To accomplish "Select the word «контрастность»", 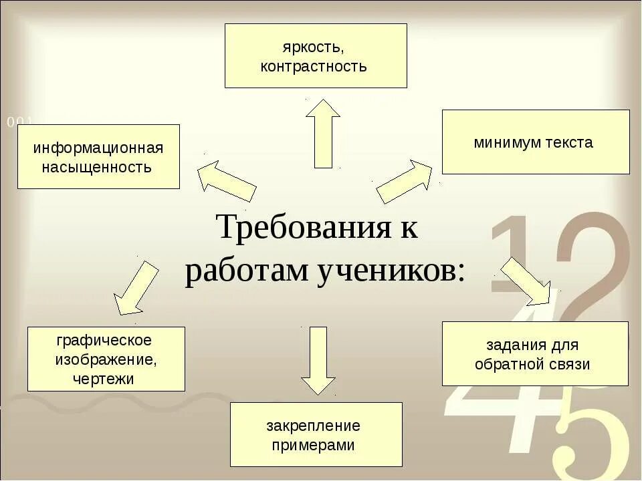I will (x=314, y=66).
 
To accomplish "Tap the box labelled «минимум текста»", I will (x=535, y=142).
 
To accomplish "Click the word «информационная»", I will (x=98, y=147).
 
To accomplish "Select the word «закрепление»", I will (x=313, y=426).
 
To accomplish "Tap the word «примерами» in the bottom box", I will (x=313, y=445).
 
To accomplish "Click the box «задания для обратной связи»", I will (x=534, y=353).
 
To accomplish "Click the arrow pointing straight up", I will (x=323, y=133).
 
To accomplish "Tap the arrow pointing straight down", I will (x=318, y=361).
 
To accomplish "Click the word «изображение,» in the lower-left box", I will (x=106, y=360).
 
